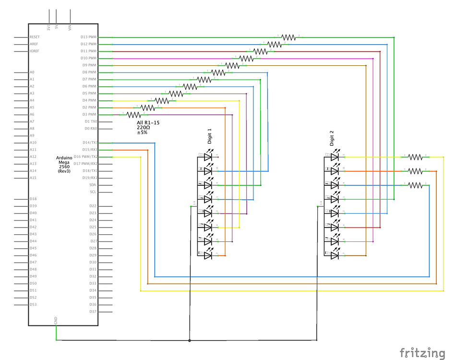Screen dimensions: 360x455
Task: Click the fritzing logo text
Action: tap(422, 352)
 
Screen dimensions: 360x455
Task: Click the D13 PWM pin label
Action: tap(88, 37)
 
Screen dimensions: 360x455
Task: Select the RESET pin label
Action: tap(35, 37)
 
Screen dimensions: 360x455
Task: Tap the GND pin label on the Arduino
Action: tap(56, 320)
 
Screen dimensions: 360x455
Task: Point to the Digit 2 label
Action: tap(331, 138)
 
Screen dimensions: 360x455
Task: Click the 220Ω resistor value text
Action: tap(143, 128)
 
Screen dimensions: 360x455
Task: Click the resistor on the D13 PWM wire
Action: tap(288, 37)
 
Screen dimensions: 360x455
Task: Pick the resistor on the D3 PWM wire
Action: tap(133, 115)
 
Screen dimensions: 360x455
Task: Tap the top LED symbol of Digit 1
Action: tap(208, 156)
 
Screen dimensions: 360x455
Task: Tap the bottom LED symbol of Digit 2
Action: tap(335, 255)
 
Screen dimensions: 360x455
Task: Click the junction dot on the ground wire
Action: tap(190, 340)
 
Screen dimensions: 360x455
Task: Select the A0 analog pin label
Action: tap(32, 72)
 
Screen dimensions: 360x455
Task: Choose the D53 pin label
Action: tap(33, 304)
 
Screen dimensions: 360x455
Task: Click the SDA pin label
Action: tap(93, 185)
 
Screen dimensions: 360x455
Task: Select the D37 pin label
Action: tap(93, 312)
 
